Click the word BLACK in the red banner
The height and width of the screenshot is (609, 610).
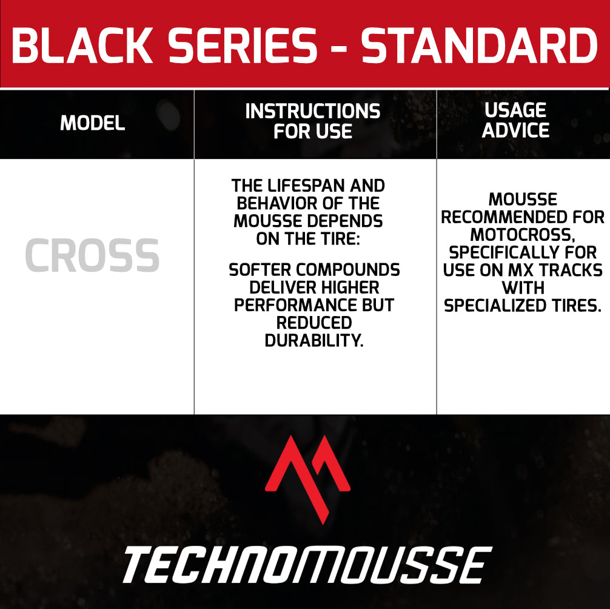tap(82, 45)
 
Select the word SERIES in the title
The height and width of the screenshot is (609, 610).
tap(243, 45)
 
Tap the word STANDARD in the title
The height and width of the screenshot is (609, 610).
tap(479, 45)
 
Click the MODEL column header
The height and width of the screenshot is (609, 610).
tap(93, 123)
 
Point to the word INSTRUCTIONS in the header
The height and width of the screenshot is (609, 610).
tap(313, 111)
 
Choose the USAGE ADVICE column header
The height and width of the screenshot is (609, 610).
tap(515, 120)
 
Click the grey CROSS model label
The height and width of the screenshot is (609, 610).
tap(92, 255)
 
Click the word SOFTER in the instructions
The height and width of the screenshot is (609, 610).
tap(260, 270)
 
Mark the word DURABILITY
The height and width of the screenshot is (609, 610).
tap(314, 340)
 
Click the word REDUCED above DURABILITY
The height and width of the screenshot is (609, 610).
tap(314, 323)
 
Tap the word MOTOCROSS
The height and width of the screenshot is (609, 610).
tap(523, 235)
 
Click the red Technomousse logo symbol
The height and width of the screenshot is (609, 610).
tap(307, 480)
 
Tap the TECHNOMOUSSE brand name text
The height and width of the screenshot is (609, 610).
tap(307, 565)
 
